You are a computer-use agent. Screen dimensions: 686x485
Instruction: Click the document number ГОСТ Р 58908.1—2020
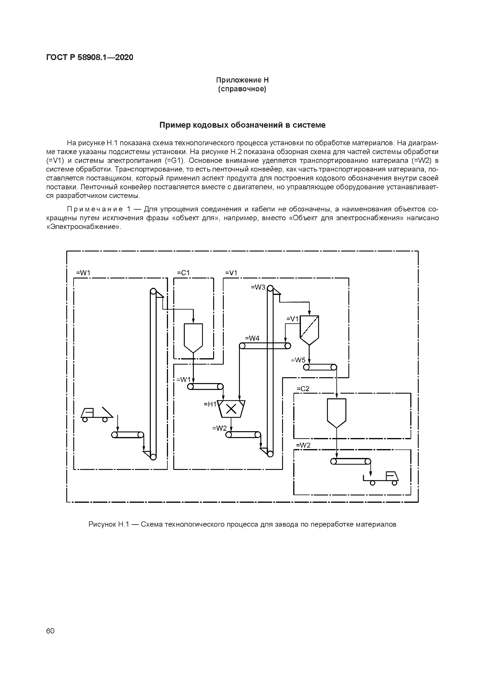coord(90,57)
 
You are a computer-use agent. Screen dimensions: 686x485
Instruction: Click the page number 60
coord(50,631)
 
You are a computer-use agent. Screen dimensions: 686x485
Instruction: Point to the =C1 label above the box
coord(183,273)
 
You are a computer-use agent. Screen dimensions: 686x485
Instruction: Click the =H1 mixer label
coord(210,404)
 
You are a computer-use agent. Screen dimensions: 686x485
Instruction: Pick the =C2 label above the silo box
coord(303,389)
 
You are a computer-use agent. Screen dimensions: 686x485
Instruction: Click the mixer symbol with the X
coord(231,409)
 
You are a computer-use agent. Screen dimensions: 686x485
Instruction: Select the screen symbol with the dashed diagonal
coord(309,330)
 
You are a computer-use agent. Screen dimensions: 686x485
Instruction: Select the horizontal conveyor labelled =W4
coord(265,346)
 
